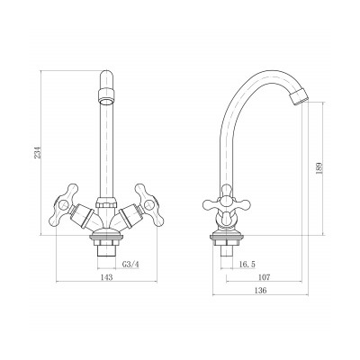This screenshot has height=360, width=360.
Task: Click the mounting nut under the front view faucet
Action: tap(106, 241)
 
